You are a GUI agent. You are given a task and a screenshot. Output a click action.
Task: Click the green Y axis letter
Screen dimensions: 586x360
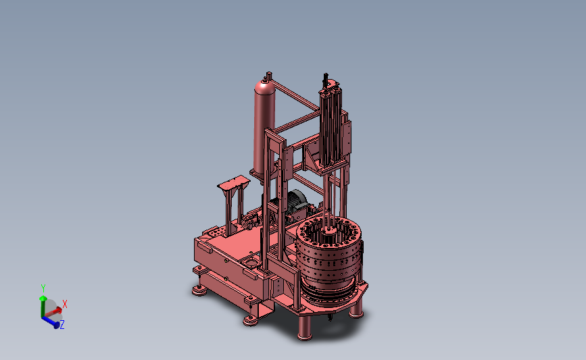click(x=43, y=288)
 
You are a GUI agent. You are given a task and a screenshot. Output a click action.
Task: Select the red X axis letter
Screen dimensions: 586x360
click(x=65, y=304)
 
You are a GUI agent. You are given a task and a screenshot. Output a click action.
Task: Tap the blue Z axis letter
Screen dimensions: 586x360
click(x=62, y=324)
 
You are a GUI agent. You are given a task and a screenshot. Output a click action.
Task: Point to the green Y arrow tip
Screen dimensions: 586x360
click(x=43, y=299)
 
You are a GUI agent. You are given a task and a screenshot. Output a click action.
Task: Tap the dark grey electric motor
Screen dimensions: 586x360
click(x=295, y=205)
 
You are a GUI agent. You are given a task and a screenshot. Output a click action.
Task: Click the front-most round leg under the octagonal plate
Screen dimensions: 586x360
click(x=305, y=328)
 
